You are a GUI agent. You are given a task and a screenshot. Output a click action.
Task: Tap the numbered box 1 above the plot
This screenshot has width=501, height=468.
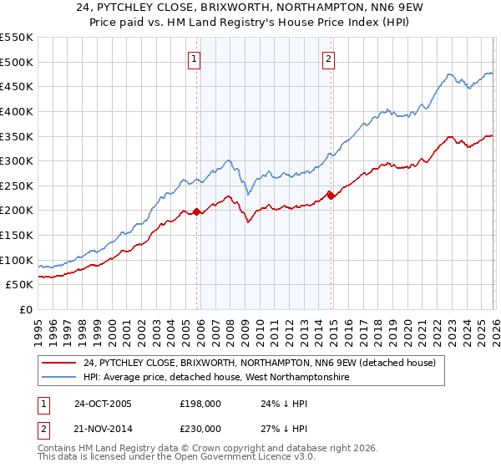(195, 58)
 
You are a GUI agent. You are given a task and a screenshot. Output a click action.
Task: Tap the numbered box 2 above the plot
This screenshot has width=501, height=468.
(329, 58)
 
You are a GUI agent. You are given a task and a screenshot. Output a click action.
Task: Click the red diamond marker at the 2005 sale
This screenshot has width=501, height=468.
(197, 211)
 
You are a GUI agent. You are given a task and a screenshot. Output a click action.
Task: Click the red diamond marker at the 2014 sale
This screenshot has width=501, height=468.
(331, 196)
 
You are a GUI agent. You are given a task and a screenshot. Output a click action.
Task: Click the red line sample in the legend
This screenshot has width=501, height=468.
(59, 363)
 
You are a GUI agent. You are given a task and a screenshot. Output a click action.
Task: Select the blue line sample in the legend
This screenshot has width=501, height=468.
(59, 378)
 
